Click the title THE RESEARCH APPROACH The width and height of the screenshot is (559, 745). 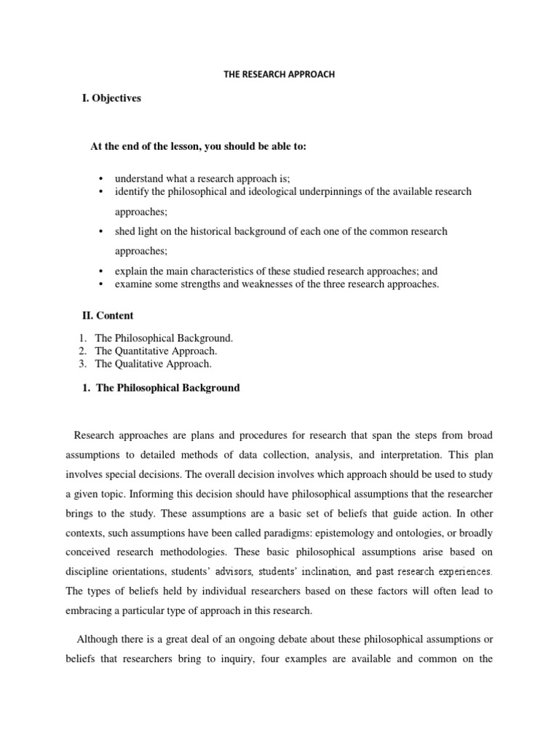click(x=279, y=74)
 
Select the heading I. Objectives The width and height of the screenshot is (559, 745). click(x=111, y=98)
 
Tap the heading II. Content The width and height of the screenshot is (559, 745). click(x=107, y=316)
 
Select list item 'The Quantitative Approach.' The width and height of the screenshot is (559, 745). click(x=156, y=351)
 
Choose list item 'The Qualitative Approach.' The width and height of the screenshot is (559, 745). click(x=153, y=363)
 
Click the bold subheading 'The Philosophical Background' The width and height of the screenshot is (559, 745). click(x=167, y=388)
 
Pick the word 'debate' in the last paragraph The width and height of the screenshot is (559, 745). click(x=278, y=640)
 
